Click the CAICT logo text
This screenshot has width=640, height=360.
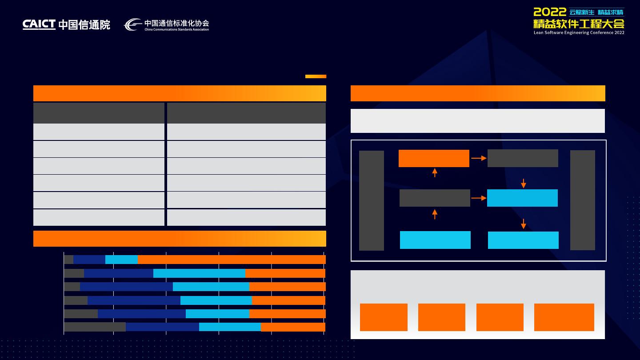point(39,24)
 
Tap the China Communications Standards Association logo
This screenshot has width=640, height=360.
point(166,25)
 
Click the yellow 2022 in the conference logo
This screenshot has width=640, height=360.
point(550,12)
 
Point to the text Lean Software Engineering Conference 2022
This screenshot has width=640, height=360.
point(579,32)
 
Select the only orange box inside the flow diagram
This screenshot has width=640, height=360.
point(434,158)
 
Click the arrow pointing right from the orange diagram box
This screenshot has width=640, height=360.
point(478,158)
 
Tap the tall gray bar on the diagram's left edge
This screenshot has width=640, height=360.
point(371,200)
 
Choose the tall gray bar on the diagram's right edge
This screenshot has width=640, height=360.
point(582,200)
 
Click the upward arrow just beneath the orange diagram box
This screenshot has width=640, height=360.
point(435,172)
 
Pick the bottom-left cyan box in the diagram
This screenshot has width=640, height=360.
point(435,240)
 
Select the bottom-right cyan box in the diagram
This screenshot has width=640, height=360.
point(523,240)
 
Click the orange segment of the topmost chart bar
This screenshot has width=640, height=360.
point(232,260)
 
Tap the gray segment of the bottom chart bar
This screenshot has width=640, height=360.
point(95,327)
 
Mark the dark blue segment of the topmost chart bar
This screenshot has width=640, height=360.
point(89,260)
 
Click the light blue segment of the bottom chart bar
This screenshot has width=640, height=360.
point(230,327)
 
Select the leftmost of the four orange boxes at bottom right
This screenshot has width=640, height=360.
point(384,317)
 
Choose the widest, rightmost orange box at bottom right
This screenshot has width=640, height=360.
point(564,317)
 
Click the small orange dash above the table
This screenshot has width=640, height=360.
point(316,76)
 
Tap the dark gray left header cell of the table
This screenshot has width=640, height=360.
point(99,113)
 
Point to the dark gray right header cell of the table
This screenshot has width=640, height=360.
point(246,113)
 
